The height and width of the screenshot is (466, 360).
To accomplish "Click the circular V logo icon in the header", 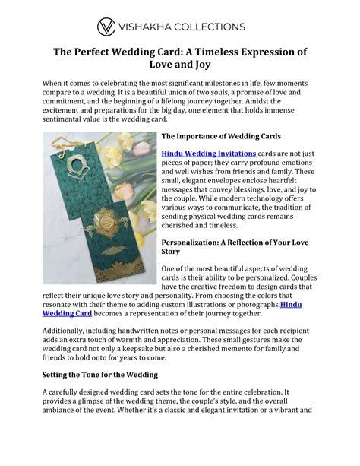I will pyautogui.click(x=106, y=27).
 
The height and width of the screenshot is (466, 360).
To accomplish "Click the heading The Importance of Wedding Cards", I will pyautogui.click(x=221, y=136).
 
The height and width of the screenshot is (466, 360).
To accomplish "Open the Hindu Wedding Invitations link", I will pyautogui.click(x=202, y=153).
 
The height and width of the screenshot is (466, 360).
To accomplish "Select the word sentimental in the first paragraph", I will pyautogui.click(x=69, y=118).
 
